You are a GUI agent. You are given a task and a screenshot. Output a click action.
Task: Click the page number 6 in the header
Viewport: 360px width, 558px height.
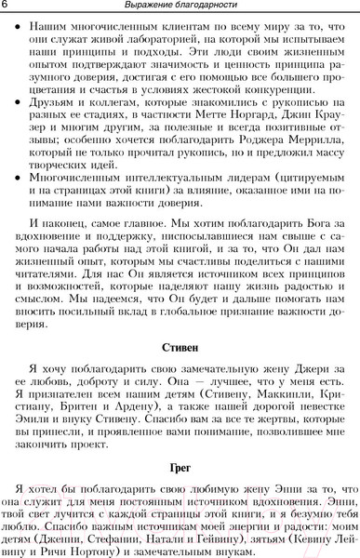coord(7,7)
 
